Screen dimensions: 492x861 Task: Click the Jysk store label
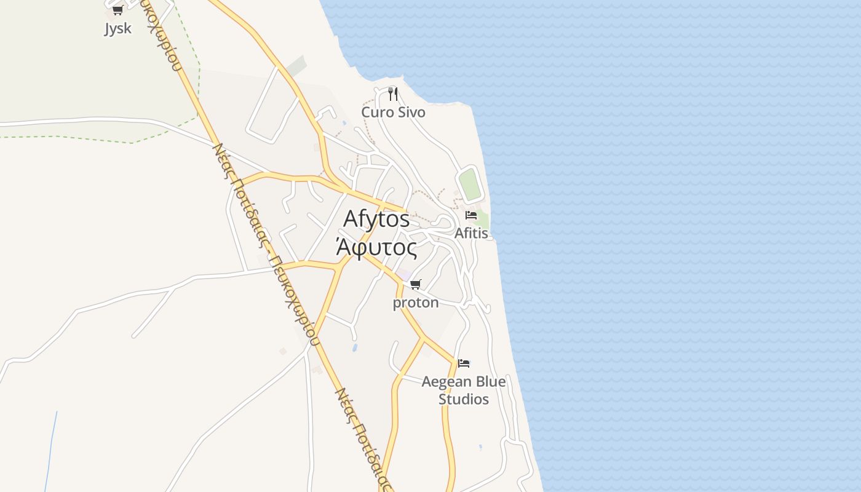coord(117,29)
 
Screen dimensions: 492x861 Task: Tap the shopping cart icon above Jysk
coord(117,10)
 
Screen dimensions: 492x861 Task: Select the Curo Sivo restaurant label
coord(393,112)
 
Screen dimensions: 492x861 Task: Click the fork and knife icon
coord(393,94)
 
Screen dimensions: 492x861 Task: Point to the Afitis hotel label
coord(471,234)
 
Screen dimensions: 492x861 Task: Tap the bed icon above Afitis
coord(471,215)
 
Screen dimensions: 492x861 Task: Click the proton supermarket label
coord(416,303)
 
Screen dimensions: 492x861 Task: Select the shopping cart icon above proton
coord(416,284)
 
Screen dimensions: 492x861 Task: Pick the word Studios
coord(464,399)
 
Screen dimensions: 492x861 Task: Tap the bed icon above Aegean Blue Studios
coord(464,363)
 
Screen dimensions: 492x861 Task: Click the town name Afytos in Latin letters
coord(376,219)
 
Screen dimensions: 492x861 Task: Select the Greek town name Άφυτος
coord(376,247)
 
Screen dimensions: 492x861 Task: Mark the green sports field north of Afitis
coord(470,184)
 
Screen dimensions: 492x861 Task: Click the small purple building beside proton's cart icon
coord(403,274)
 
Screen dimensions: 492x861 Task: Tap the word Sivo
coord(411,112)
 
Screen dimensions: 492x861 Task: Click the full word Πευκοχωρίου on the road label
coord(293,299)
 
